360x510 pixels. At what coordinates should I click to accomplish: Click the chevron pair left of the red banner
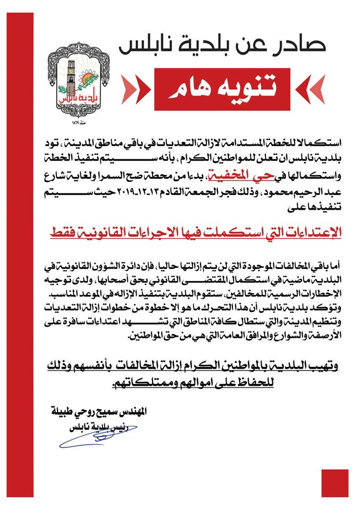(133, 88)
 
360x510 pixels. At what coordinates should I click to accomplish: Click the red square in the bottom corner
(334, 482)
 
